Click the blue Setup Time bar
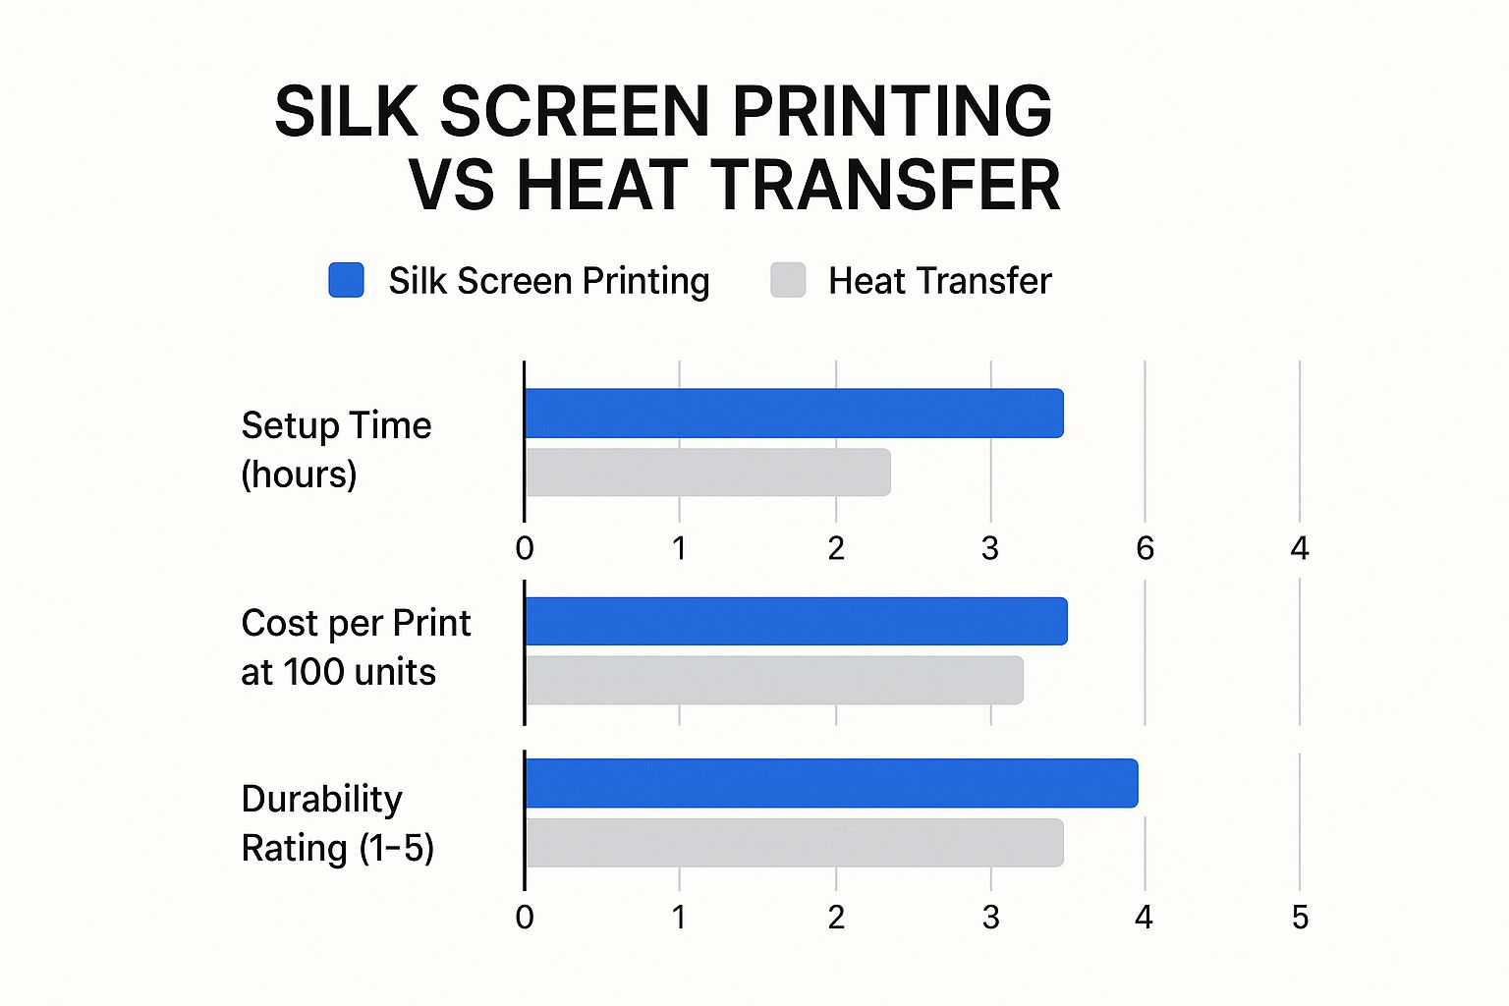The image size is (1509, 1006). click(x=794, y=413)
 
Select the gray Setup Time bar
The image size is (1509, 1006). click(x=708, y=473)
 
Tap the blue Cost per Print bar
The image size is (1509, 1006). click(x=797, y=621)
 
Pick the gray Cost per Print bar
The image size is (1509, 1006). click(x=775, y=680)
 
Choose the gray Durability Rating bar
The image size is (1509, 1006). click(x=794, y=843)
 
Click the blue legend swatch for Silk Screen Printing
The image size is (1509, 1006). click(x=346, y=280)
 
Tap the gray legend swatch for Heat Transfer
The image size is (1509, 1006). click(x=788, y=280)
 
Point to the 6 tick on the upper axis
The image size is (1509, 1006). click(x=1145, y=548)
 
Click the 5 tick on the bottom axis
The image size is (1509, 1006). click(x=1300, y=917)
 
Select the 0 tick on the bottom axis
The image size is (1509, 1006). click(x=525, y=917)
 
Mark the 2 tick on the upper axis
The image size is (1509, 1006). click(x=836, y=548)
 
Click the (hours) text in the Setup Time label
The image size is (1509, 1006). click(x=299, y=475)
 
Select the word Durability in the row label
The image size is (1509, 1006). click(x=322, y=799)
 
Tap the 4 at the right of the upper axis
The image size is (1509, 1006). click(x=1300, y=548)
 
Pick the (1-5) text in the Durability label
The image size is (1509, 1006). click(x=396, y=848)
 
